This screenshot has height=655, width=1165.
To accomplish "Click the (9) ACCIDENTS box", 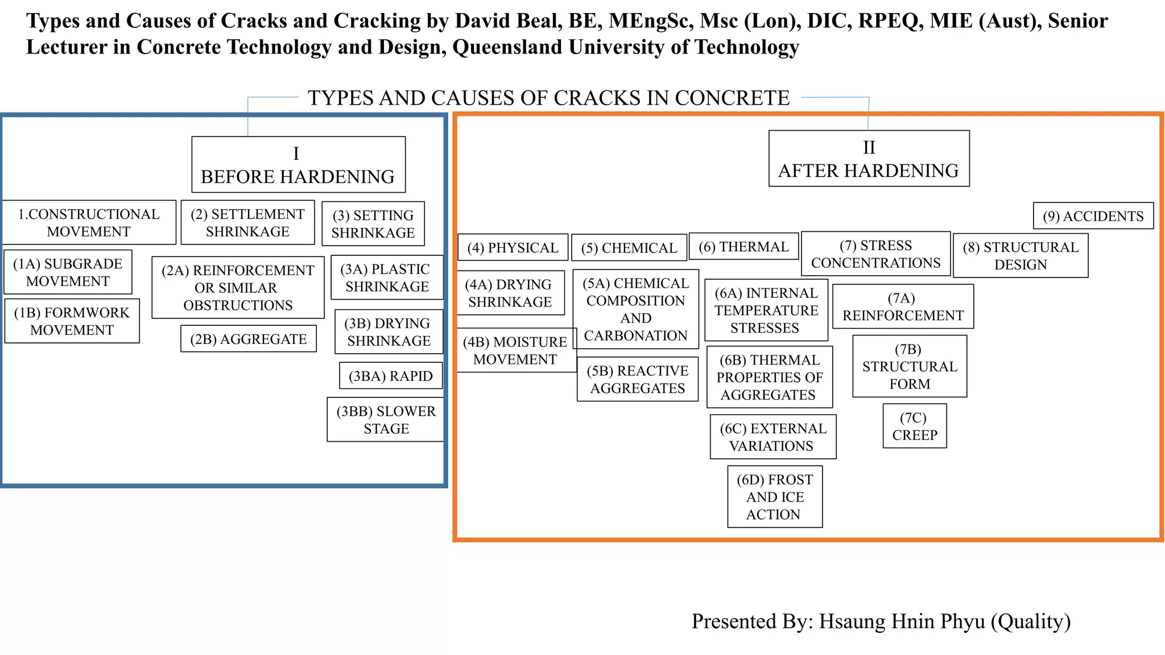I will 1093,216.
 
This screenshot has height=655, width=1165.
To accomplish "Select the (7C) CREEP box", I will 914,426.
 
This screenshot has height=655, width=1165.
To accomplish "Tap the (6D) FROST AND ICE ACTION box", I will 774,497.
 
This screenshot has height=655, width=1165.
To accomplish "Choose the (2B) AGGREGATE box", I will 248,339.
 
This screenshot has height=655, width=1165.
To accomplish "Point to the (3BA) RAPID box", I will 390,376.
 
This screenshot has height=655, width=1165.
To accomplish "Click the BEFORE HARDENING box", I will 298,165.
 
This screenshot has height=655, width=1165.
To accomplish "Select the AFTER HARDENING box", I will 868,159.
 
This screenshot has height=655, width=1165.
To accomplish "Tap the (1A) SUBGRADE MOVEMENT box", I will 68,272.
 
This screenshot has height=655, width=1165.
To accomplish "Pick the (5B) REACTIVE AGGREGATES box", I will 637,379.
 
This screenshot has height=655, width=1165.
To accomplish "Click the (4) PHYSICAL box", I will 513,247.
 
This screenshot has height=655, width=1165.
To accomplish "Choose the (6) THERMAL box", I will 743,247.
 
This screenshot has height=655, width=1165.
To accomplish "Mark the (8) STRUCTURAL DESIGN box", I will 1020,256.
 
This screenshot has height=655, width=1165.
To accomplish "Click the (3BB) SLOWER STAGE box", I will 386,420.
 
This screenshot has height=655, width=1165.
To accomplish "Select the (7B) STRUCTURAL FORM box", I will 909,366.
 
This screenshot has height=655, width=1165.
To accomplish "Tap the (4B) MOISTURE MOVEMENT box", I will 515,350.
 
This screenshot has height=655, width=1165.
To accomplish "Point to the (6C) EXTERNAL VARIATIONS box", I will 772,437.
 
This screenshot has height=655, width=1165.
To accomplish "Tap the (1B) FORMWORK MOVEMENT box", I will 72,321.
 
